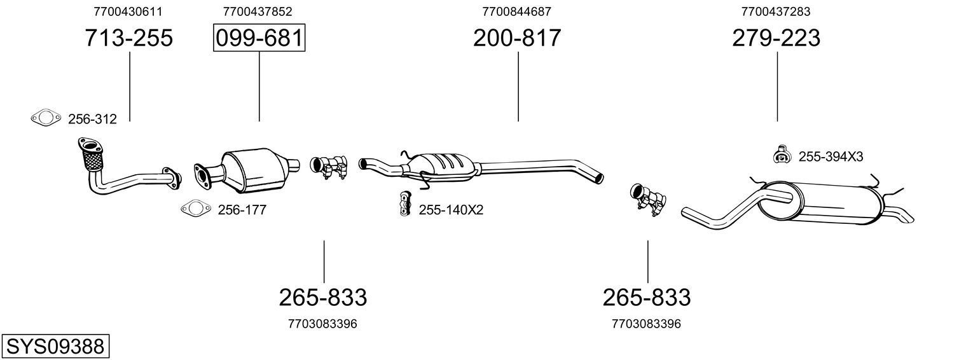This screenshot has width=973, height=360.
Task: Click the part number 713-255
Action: tap(129, 38)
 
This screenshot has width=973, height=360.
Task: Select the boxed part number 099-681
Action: tap(259, 38)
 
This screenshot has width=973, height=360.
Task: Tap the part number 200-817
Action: tap(517, 38)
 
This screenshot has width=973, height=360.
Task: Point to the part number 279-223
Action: tap(776, 38)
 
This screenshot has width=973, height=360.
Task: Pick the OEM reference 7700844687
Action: tap(516, 11)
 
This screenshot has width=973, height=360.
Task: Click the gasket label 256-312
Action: tap(92, 119)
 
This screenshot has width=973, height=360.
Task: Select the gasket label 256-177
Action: tap(242, 210)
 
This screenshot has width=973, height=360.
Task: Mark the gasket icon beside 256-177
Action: tap(195, 209)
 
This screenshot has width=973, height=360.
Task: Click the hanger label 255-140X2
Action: tap(451, 210)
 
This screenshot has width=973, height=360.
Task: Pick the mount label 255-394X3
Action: tap(831, 156)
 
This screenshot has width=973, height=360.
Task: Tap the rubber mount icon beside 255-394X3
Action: tap(780, 155)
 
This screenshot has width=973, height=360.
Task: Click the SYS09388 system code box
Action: tap(55, 347)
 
